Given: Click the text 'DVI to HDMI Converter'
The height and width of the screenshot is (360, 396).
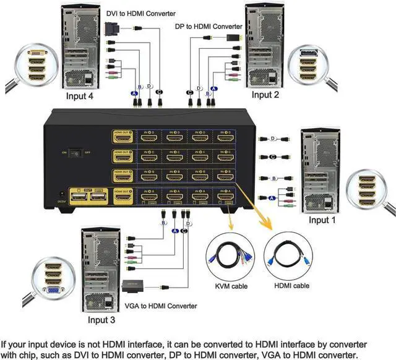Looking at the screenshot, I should [x=140, y=13].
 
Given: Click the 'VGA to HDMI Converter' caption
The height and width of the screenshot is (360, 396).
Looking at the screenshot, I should [x=161, y=306].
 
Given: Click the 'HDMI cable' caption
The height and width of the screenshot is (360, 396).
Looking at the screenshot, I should [x=292, y=286].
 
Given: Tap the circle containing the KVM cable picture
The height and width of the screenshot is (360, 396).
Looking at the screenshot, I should [x=233, y=255].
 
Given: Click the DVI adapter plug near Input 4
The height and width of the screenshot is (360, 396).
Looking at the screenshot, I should [x=112, y=28].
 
